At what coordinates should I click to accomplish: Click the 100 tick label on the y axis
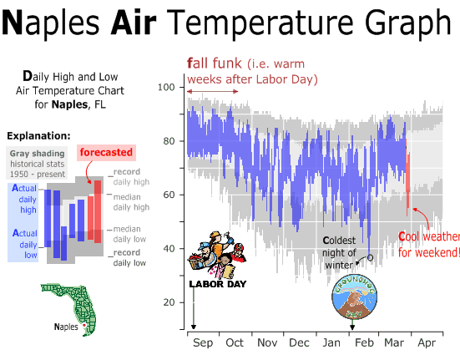(x=166, y=87)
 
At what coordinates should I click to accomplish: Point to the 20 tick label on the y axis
(x=169, y=302)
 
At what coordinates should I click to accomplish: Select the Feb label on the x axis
(x=364, y=342)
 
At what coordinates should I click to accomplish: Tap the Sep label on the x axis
(x=202, y=343)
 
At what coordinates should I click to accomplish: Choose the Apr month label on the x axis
(x=427, y=343)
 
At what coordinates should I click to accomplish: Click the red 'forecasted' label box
(x=106, y=153)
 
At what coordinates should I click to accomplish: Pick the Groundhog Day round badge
(x=354, y=297)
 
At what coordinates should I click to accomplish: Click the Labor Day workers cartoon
(x=217, y=255)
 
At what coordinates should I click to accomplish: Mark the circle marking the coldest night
(x=370, y=257)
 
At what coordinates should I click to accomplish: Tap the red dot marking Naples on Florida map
(x=84, y=326)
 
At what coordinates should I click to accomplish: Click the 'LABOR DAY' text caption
(x=218, y=284)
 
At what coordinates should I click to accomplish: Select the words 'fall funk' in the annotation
(x=215, y=63)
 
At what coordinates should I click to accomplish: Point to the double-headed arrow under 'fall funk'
(x=213, y=92)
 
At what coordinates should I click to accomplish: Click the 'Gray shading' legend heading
(x=37, y=154)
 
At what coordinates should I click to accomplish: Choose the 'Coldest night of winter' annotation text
(x=339, y=252)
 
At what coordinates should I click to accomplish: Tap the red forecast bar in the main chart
(x=407, y=178)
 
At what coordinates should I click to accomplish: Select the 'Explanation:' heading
(x=38, y=136)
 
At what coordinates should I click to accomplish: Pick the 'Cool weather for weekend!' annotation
(x=429, y=245)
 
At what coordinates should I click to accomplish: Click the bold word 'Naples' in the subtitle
(x=69, y=104)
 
